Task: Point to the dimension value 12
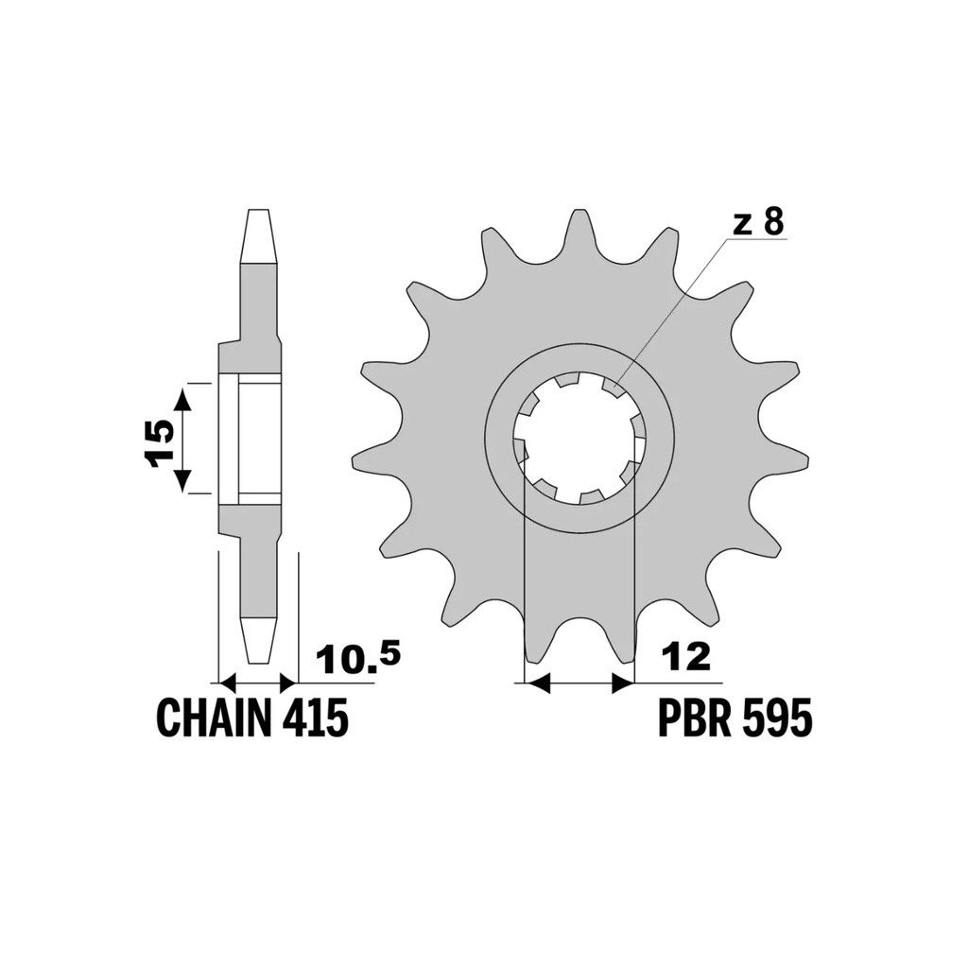(686, 657)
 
